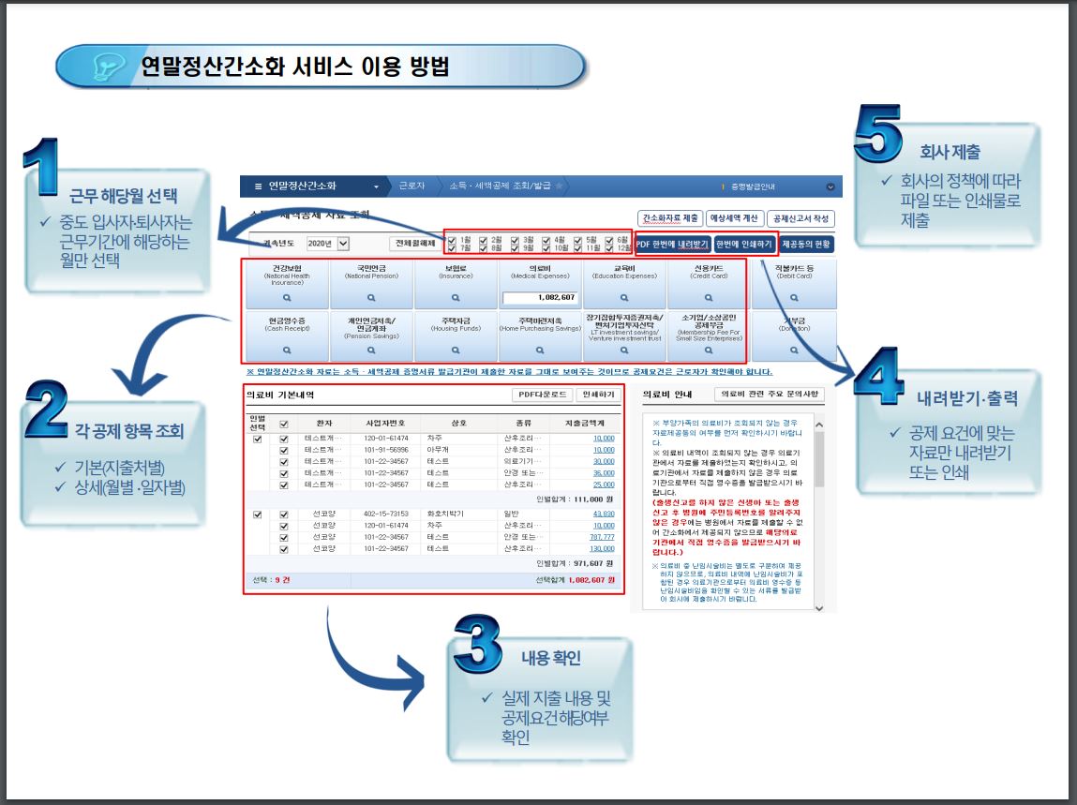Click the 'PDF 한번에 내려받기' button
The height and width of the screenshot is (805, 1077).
click(672, 244)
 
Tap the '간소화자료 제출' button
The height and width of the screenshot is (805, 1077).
click(670, 218)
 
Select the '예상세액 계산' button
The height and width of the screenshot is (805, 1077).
click(733, 218)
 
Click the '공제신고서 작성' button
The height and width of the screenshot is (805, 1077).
click(800, 218)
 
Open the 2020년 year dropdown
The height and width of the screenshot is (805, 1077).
click(342, 244)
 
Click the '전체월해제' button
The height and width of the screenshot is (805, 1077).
click(412, 244)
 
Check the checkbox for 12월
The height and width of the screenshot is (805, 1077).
click(610, 248)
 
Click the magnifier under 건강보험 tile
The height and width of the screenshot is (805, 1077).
click(287, 297)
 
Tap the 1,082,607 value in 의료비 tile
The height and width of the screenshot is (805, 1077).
click(540, 298)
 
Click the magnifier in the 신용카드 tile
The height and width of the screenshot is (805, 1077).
click(709, 297)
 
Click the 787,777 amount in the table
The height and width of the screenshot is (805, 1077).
click(603, 537)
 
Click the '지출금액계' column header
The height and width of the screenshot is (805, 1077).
click(591, 423)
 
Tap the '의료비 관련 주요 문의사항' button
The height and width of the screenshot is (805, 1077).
click(769, 395)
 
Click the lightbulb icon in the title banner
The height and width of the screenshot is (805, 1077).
click(103, 67)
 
